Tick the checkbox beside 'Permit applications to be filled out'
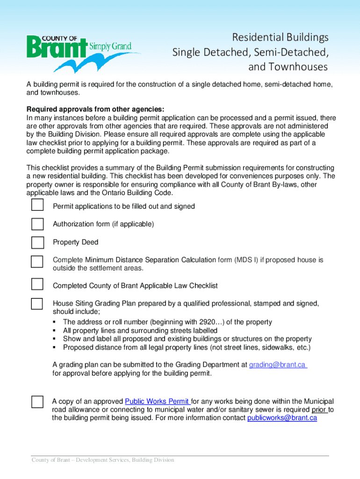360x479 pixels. click(37, 205)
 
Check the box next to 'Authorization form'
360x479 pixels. click(37, 224)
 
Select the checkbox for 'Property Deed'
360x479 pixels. click(37, 242)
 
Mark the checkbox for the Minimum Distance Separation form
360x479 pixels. click(37, 261)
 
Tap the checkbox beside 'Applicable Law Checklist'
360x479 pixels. click(37, 284)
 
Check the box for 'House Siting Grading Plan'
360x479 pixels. click(37, 303)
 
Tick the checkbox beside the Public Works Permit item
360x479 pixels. click(37, 402)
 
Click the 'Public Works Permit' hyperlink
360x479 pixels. click(157, 401)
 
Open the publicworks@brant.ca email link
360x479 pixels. click(282, 418)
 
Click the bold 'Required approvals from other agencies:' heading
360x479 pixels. click(95, 109)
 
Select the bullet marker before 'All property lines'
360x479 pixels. click(55, 331)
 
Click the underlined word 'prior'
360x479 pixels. click(319, 410)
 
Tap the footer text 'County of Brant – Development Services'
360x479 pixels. click(103, 460)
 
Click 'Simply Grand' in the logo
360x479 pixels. click(114, 46)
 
